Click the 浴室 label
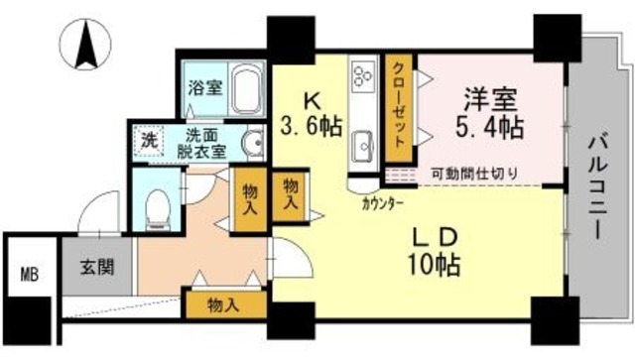click(204, 88)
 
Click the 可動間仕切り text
click(473, 174)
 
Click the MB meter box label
click(29, 275)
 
